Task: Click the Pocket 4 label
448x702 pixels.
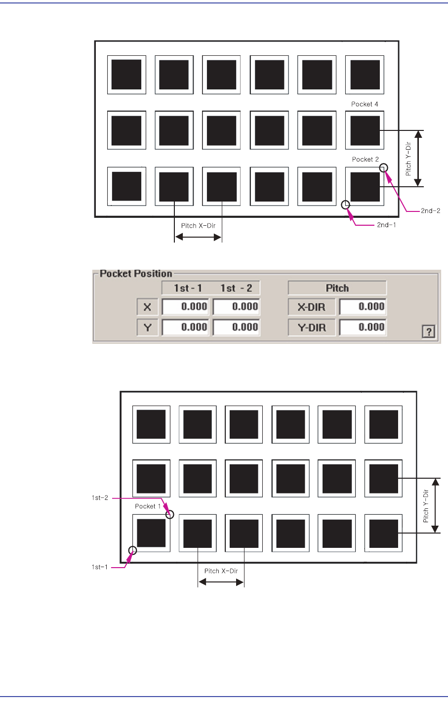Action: click(x=365, y=104)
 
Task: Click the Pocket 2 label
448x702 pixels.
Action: click(x=366, y=160)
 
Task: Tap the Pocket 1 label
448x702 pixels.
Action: click(x=148, y=506)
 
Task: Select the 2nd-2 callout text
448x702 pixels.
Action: click(x=430, y=211)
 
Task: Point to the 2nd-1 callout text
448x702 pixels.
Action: click(x=386, y=225)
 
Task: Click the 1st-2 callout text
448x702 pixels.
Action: click(x=100, y=498)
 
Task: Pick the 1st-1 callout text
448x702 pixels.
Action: click(x=99, y=567)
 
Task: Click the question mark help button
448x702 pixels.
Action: click(x=429, y=332)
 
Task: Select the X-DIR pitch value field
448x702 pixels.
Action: click(x=363, y=307)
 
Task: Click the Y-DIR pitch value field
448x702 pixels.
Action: click(x=363, y=327)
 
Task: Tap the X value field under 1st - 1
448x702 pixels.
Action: click(x=186, y=307)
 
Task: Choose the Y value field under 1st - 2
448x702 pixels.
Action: click(x=236, y=327)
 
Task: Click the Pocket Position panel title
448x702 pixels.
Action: click(x=136, y=274)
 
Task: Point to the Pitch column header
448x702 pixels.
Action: click(x=337, y=288)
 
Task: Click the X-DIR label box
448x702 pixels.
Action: click(x=311, y=307)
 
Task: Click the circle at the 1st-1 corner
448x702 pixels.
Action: click(x=132, y=550)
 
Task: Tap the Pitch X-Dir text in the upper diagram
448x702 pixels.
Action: click(x=198, y=226)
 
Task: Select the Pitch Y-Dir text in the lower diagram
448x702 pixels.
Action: click(x=426, y=506)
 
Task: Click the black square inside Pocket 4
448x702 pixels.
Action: click(x=365, y=130)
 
